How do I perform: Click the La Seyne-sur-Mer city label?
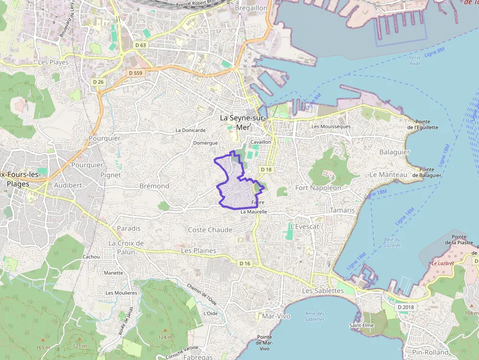pyautogui.click(x=242, y=122)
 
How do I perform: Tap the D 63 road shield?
pyautogui.click(x=140, y=45)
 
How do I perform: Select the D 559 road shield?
pyautogui.click(x=136, y=73)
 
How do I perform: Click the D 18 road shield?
pyautogui.click(x=266, y=169)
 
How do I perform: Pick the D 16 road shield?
pyautogui.click(x=245, y=263)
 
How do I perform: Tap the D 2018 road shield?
pyautogui.click(x=406, y=307)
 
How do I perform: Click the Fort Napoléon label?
pyautogui.click(x=318, y=188)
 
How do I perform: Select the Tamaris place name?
pyautogui.click(x=342, y=210)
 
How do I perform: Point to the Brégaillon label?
pyautogui.click(x=251, y=8)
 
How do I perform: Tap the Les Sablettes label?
pyautogui.click(x=323, y=290)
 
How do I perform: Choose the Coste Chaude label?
pyautogui.click(x=210, y=230)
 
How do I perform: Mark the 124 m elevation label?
pyautogui.click(x=165, y=337)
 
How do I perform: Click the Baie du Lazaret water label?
pyautogui.click(x=392, y=242)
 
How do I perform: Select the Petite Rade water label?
pyautogui.click(x=415, y=61)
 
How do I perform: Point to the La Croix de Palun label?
pyautogui.click(x=126, y=247)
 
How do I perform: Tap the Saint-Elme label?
pyautogui.click(x=362, y=325)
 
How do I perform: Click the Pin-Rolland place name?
pyautogui.click(x=430, y=352)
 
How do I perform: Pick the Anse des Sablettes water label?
pyautogui.click(x=314, y=317)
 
